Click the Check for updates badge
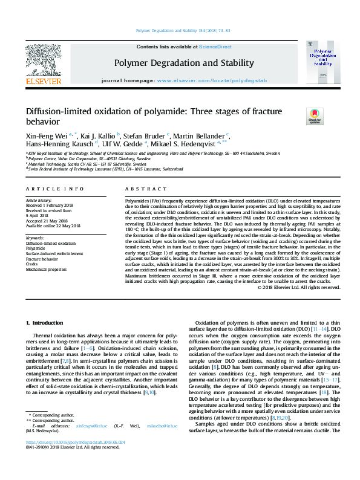point(298,115)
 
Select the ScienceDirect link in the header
point(215,47)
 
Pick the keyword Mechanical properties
point(46,270)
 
